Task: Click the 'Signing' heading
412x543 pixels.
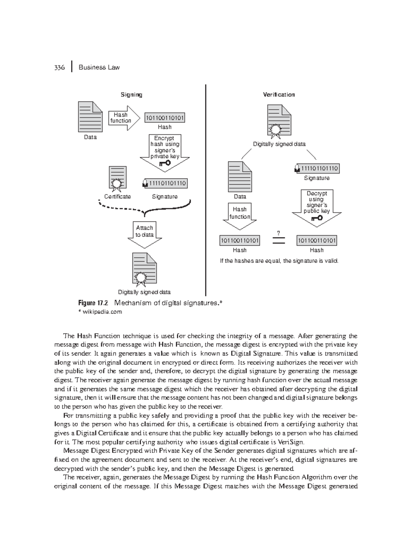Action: [131, 95]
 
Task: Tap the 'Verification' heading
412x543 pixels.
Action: [279, 95]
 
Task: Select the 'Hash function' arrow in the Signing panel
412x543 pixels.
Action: [124, 118]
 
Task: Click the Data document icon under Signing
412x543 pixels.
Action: [90, 117]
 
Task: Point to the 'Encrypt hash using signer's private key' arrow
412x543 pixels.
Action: [165, 152]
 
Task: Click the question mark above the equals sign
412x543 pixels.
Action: [278, 233]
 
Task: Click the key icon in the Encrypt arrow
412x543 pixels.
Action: [165, 163]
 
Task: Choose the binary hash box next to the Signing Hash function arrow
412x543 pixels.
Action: [165, 118]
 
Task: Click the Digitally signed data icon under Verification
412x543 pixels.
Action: [279, 121]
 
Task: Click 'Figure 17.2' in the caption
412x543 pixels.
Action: [93, 303]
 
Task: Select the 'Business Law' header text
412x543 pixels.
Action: [99, 67]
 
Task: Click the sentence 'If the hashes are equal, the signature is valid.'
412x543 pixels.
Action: [279, 261]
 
